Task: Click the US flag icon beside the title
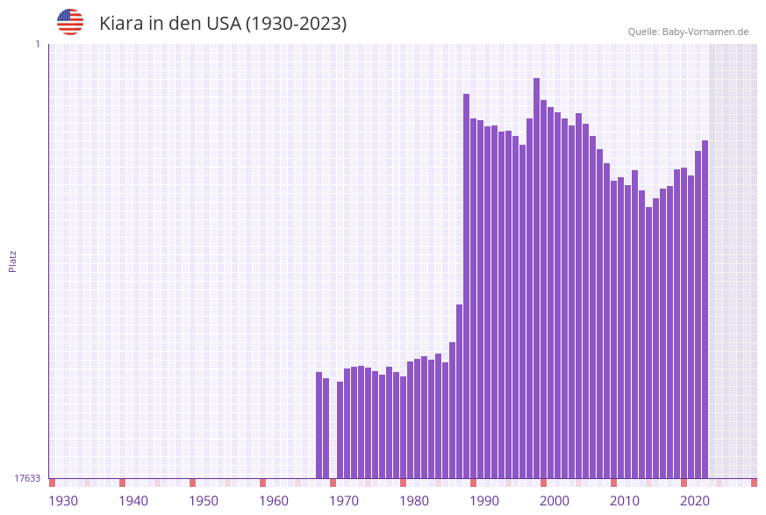tap(70, 22)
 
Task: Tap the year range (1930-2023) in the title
tap(296, 24)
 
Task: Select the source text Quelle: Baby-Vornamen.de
tap(688, 32)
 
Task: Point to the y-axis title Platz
tap(13, 261)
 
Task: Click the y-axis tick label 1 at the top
tap(37, 44)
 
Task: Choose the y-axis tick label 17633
tap(27, 478)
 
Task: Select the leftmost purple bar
tap(319, 425)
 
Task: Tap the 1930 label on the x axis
tap(63, 501)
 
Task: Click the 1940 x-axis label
tap(133, 501)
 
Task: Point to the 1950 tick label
tap(204, 501)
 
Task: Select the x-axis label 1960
tap(274, 501)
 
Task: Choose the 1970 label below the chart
tap(344, 501)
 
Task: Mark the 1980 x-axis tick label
tap(414, 501)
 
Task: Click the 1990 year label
tap(484, 501)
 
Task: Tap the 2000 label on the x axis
tap(555, 501)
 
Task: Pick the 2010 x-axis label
tap(625, 501)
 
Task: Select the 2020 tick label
tap(695, 501)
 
